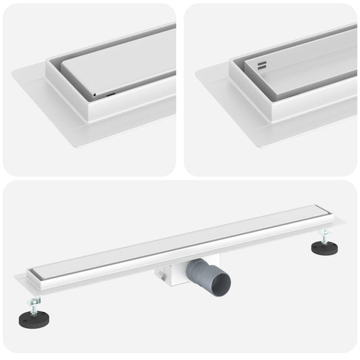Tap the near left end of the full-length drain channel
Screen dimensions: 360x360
[34, 277]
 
